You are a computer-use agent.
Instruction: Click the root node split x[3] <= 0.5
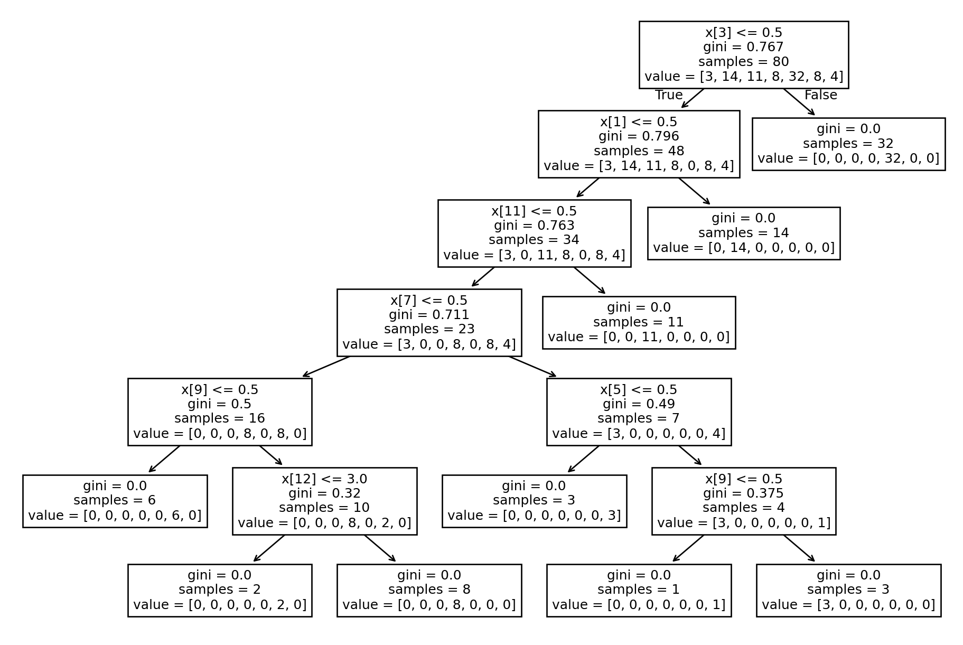click(743, 54)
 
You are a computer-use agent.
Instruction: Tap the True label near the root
click(669, 95)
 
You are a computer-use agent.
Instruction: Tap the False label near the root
click(820, 95)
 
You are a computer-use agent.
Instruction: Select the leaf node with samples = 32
click(848, 144)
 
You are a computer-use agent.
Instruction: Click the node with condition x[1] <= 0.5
click(638, 144)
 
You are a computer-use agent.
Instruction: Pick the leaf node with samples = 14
click(743, 233)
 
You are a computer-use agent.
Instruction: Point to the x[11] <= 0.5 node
click(534, 233)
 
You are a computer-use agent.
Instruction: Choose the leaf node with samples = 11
click(638, 322)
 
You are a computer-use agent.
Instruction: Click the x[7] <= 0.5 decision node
click(429, 322)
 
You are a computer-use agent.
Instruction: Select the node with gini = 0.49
click(638, 412)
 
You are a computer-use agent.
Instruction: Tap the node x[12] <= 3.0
click(324, 501)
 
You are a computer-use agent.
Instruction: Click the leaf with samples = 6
click(115, 501)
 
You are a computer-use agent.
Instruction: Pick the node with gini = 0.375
click(743, 501)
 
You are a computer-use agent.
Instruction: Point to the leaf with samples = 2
click(219, 590)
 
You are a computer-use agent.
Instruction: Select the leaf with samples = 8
click(429, 590)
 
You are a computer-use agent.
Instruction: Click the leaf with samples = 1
click(638, 590)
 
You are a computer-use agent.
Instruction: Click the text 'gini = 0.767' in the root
click(743, 47)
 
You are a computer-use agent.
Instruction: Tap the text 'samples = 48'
click(638, 151)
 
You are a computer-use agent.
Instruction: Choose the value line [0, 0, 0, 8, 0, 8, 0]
click(219, 434)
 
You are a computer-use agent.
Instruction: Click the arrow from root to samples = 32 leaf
click(799, 101)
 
